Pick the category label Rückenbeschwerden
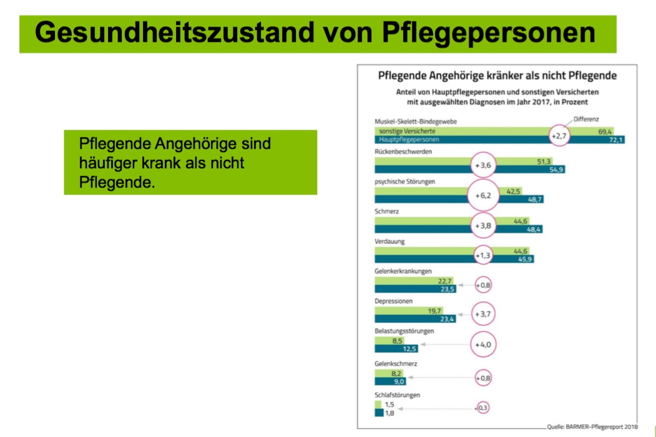coord(404,152)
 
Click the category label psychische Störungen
coord(404,182)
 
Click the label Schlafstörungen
coord(398,395)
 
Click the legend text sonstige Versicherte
coord(406,132)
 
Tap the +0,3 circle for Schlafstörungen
coord(482,408)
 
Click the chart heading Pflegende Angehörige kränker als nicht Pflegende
coord(497,76)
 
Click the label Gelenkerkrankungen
coord(403,271)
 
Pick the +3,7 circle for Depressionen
coord(484,314)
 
